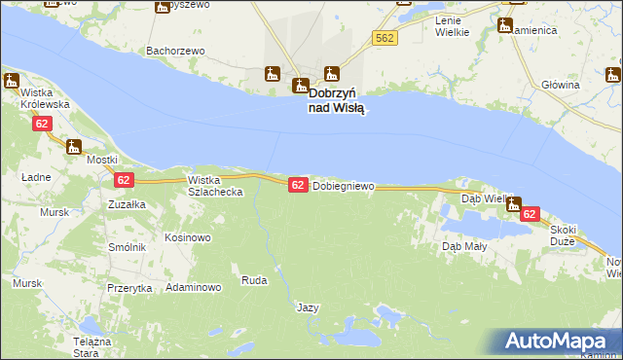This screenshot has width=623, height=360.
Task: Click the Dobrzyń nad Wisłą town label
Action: (x=336, y=101)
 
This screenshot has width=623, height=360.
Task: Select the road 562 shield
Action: (x=385, y=37)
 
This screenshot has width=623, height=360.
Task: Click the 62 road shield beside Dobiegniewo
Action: (x=298, y=185)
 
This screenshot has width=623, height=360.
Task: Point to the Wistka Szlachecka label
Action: (x=215, y=186)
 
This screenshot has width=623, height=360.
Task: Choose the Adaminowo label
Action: (x=194, y=288)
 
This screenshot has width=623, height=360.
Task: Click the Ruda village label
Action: (x=254, y=281)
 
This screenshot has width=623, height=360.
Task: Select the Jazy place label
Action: (x=308, y=307)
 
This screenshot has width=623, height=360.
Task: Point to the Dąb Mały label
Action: (x=464, y=247)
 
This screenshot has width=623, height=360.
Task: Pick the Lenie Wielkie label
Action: (x=452, y=26)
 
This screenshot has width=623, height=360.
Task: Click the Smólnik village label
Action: (x=128, y=248)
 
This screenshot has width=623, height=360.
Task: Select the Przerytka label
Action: (x=129, y=289)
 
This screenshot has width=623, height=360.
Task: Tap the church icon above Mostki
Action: (x=74, y=147)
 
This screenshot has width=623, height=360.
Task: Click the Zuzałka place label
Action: (x=127, y=205)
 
